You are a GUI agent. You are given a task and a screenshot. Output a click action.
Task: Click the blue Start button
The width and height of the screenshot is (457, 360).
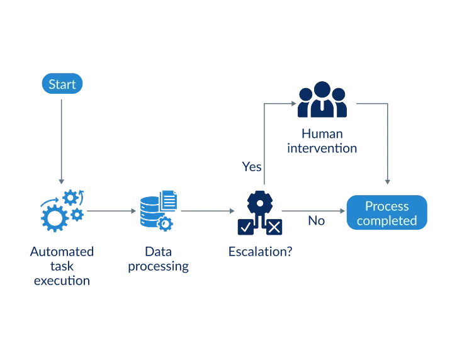pos(62,84)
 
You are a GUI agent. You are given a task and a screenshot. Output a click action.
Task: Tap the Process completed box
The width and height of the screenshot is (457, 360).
pos(386,213)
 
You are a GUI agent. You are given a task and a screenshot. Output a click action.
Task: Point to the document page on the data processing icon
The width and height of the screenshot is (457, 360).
pos(169,200)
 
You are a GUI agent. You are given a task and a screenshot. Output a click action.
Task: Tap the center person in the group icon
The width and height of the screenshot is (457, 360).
pos(322,99)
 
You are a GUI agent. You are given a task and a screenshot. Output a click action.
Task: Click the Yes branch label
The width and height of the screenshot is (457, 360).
pos(251,166)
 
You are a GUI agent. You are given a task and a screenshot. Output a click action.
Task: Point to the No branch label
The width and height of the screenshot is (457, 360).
pos(316,221)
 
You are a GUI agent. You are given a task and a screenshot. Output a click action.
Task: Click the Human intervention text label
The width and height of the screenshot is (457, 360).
pos(322,142)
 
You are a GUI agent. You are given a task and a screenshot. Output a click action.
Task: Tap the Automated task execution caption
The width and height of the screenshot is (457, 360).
pos(61,266)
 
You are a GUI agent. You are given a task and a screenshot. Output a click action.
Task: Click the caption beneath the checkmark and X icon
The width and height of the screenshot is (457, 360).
pos(260,250)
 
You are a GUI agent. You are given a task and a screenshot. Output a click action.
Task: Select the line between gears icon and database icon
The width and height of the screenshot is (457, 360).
pos(111,208)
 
